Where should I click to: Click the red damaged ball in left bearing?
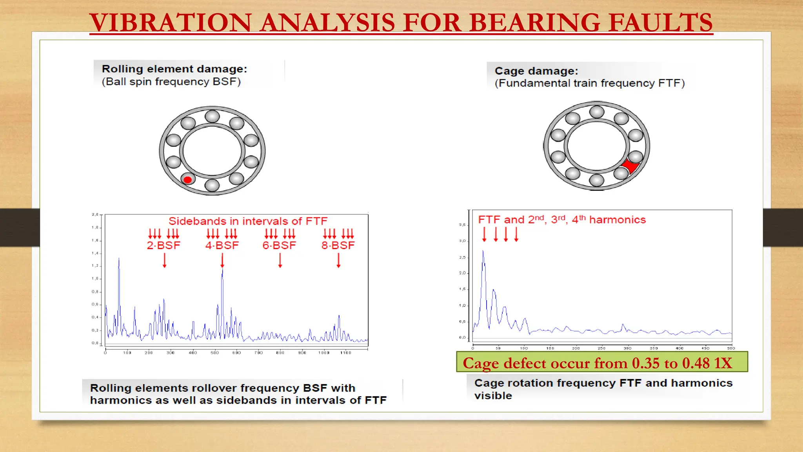pyautogui.click(x=188, y=180)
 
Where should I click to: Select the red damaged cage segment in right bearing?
pyautogui.click(x=630, y=166)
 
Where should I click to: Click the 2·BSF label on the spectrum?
pyautogui.click(x=164, y=246)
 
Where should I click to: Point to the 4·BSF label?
pyautogui.click(x=222, y=246)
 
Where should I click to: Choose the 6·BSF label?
pyautogui.click(x=279, y=246)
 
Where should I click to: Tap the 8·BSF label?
pyautogui.click(x=338, y=246)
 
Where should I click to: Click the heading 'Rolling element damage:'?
pyautogui.click(x=174, y=69)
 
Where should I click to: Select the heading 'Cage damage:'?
pyautogui.click(x=536, y=71)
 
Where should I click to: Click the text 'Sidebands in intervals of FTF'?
pyautogui.click(x=248, y=221)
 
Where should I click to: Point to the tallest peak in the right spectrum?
pyautogui.click(x=483, y=252)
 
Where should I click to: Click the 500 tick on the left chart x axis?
pyautogui.click(x=214, y=353)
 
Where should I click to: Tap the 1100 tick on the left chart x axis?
pyautogui.click(x=345, y=353)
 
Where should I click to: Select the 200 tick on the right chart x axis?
pyautogui.click(x=576, y=348)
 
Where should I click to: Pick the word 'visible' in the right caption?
pyautogui.click(x=493, y=395)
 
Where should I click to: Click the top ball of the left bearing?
pyautogui.click(x=212, y=117)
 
